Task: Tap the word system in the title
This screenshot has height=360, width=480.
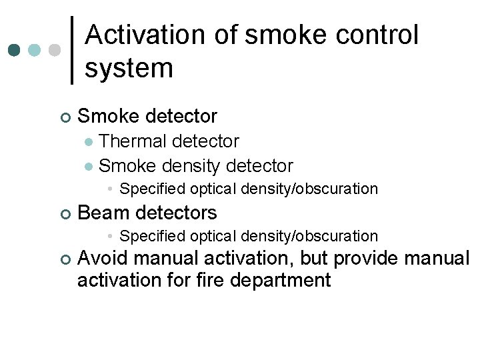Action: pos(129,67)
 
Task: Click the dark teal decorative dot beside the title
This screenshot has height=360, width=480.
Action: pos(15,51)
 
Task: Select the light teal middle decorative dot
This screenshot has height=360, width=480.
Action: pos(35,51)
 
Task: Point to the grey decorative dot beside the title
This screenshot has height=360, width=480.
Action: pos(55,51)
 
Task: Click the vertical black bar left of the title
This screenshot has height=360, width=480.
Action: pos(72,50)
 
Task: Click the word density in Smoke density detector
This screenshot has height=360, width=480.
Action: pos(189,165)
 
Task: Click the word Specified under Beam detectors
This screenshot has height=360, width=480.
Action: pos(150,236)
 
